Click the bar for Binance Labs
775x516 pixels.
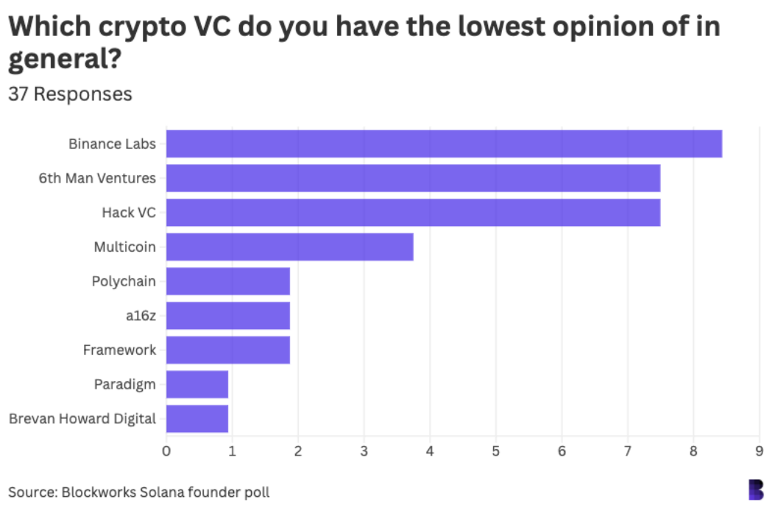444,144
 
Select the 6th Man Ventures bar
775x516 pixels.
413,178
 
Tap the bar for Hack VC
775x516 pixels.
413,213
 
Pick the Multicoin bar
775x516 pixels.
289,247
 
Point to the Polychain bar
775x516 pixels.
227,281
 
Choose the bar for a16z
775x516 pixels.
227,315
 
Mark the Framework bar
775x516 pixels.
227,350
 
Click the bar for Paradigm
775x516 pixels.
197,384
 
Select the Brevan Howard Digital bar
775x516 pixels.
197,418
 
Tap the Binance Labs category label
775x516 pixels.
112,144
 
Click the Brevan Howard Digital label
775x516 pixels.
82,419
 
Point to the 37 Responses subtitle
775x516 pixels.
71,94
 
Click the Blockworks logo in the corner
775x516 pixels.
756,490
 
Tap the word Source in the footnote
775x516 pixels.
30,492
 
